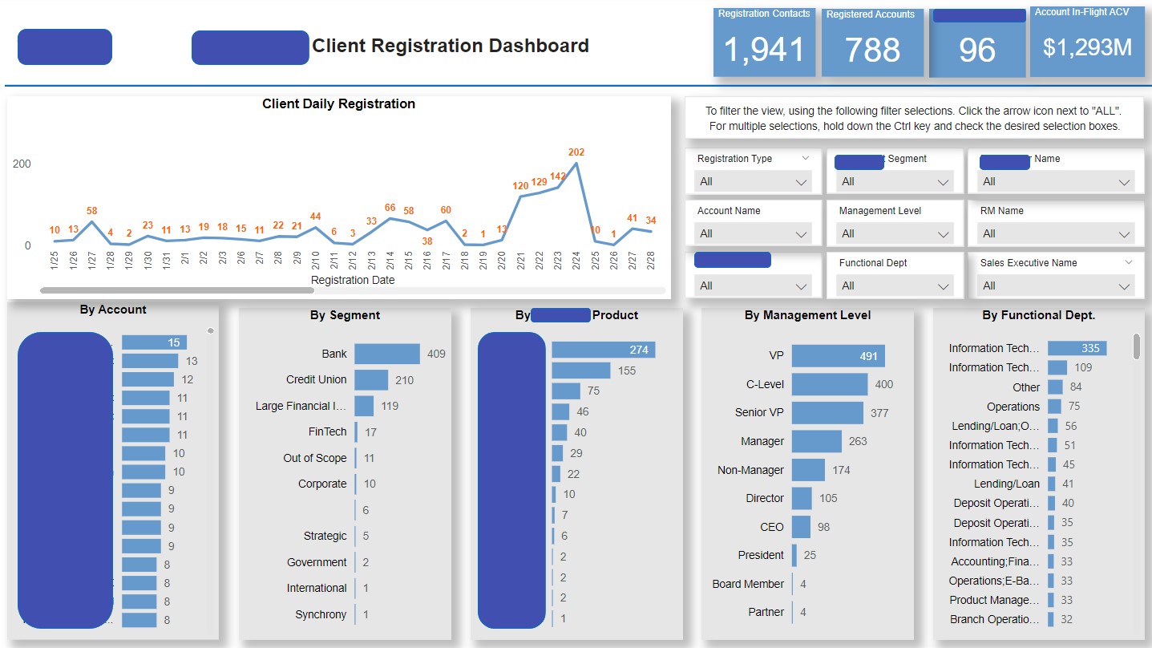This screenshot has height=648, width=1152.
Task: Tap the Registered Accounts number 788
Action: click(x=872, y=51)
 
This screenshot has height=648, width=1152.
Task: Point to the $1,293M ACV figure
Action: click(x=1087, y=47)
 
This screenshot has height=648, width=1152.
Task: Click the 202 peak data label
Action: click(x=576, y=152)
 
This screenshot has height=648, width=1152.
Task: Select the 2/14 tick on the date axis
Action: click(x=390, y=261)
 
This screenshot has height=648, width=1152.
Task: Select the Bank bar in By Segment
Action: click(x=386, y=354)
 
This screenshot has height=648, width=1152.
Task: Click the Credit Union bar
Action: click(x=371, y=379)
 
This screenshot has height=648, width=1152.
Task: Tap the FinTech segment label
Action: click(x=327, y=431)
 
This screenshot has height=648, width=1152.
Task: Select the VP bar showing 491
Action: click(x=838, y=356)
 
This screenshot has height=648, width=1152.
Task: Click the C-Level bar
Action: click(x=829, y=384)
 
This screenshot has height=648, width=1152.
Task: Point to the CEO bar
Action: click(x=801, y=527)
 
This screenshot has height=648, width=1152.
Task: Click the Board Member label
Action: click(x=747, y=584)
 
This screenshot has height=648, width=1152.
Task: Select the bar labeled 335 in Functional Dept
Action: click(x=1077, y=348)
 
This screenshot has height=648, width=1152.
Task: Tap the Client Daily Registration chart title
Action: click(x=338, y=103)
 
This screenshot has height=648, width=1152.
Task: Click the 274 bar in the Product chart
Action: click(x=603, y=350)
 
